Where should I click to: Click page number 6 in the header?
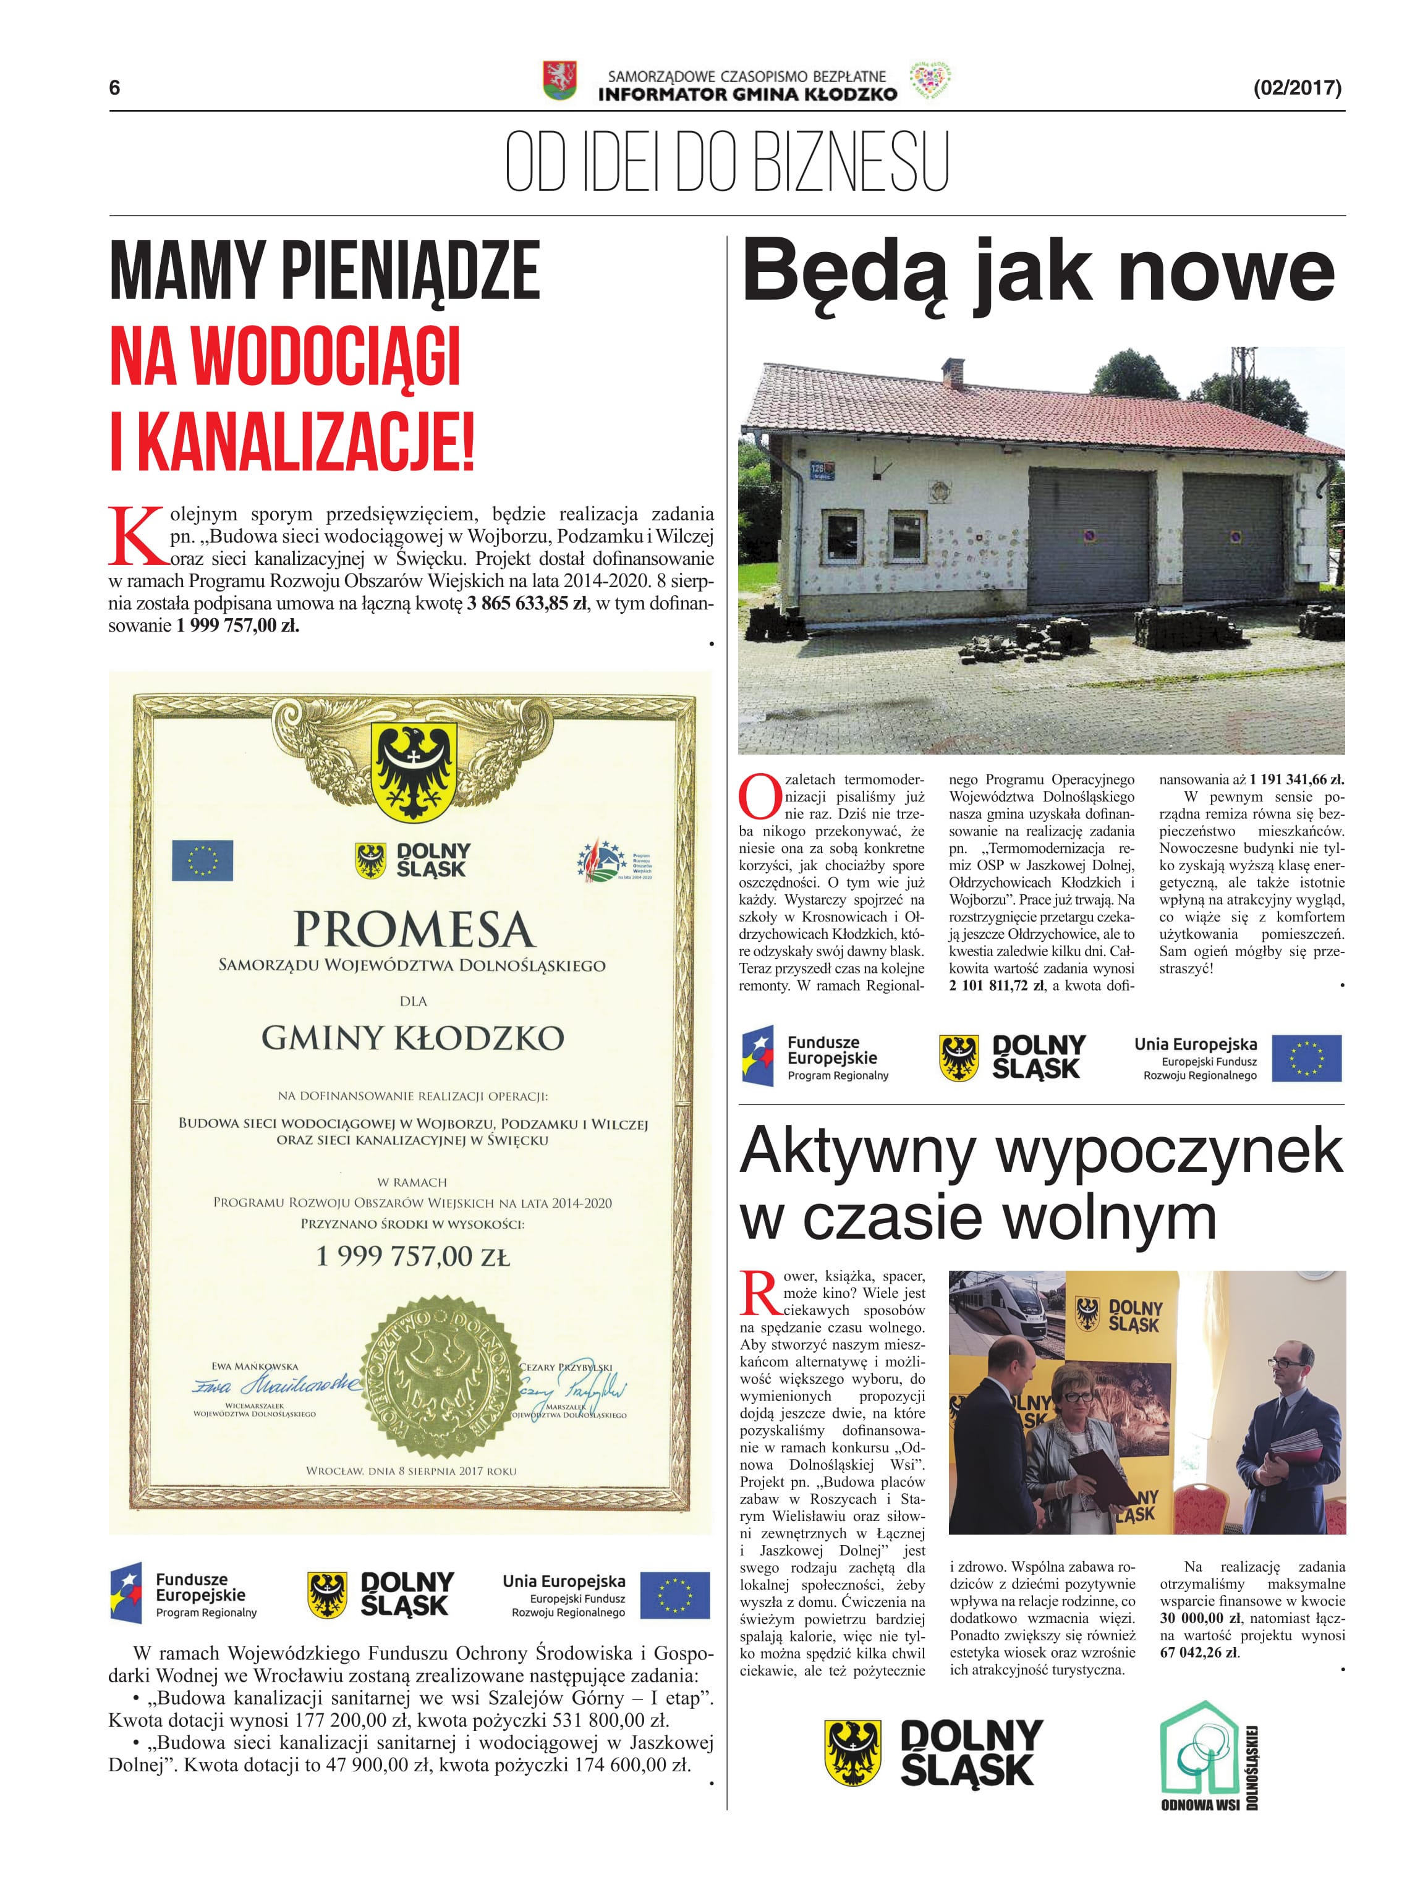point(115,88)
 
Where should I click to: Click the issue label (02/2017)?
point(1297,88)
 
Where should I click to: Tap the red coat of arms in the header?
point(559,81)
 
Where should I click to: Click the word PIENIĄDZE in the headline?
point(410,271)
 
